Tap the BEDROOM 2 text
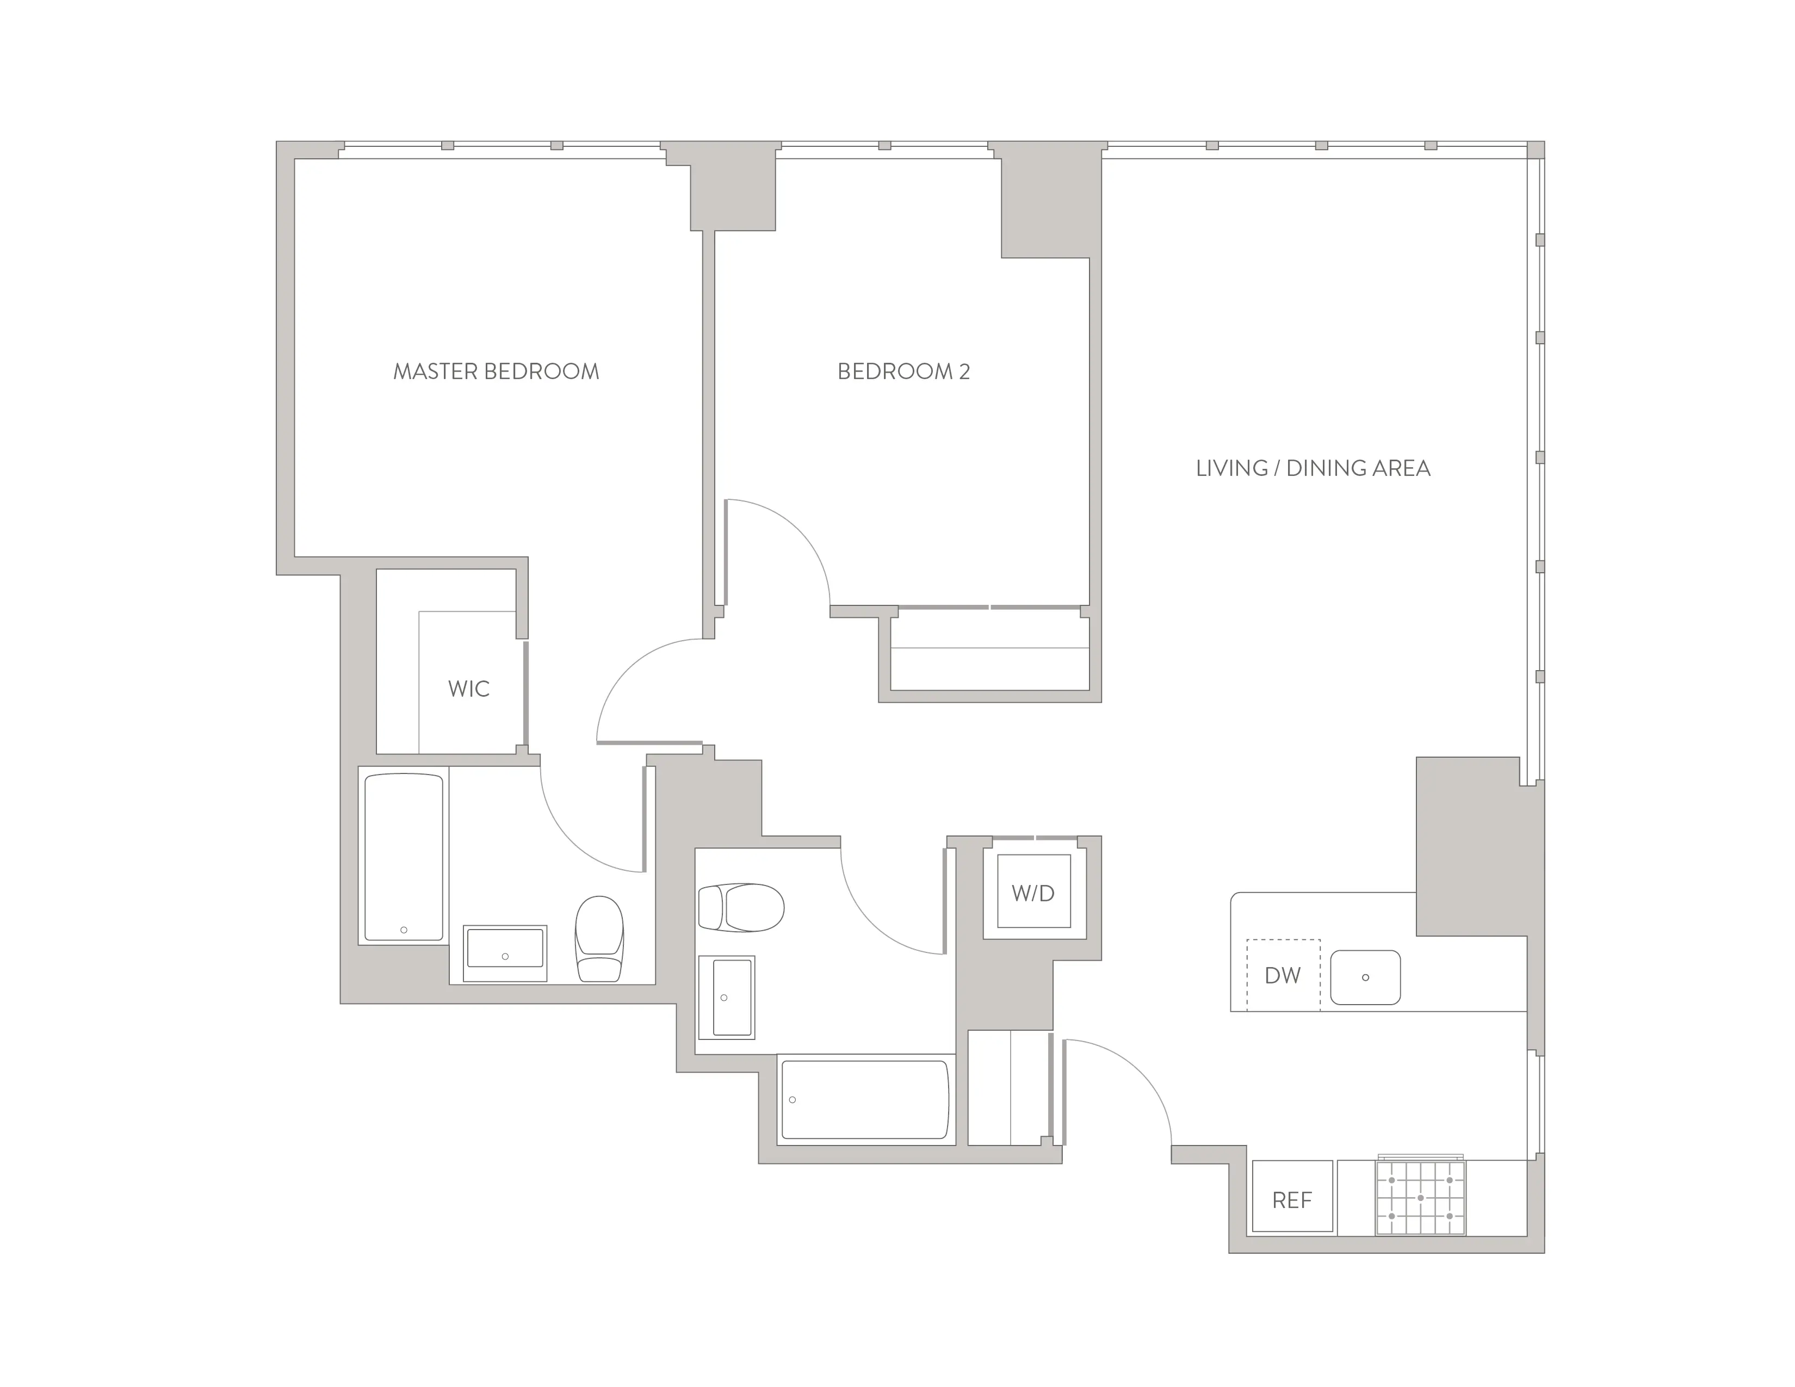[903, 371]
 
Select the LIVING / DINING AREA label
[1313, 468]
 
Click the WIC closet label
[468, 689]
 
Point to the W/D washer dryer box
[1033, 893]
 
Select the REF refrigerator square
[1291, 1200]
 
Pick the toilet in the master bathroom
[599, 939]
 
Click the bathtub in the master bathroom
[404, 856]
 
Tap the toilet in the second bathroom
[740, 907]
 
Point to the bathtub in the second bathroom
[865, 1099]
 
